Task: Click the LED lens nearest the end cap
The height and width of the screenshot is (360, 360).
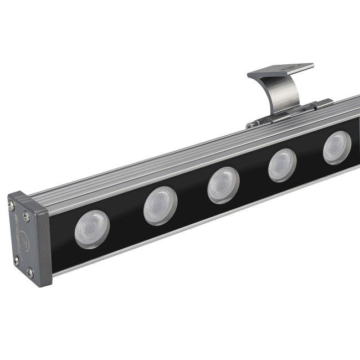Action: pos(92,229)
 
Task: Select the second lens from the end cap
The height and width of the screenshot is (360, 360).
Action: pos(160,205)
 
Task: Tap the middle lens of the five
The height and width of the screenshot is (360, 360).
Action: pos(223,184)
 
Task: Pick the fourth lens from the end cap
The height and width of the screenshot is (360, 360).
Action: pos(282,165)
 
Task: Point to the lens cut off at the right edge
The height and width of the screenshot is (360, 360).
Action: pos(337,147)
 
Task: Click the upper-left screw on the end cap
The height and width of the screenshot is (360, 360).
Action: pos(12,206)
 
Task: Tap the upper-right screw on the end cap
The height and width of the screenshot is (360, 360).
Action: pos(25,217)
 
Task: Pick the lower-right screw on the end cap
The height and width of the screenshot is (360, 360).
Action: pos(30,272)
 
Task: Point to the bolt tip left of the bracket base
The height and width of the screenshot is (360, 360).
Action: pos(250,126)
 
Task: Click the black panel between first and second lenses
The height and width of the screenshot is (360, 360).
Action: pos(126,219)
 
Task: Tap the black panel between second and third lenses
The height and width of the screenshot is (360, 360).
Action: pos(192,196)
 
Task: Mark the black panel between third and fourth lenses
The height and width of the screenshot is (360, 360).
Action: pos(254,176)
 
